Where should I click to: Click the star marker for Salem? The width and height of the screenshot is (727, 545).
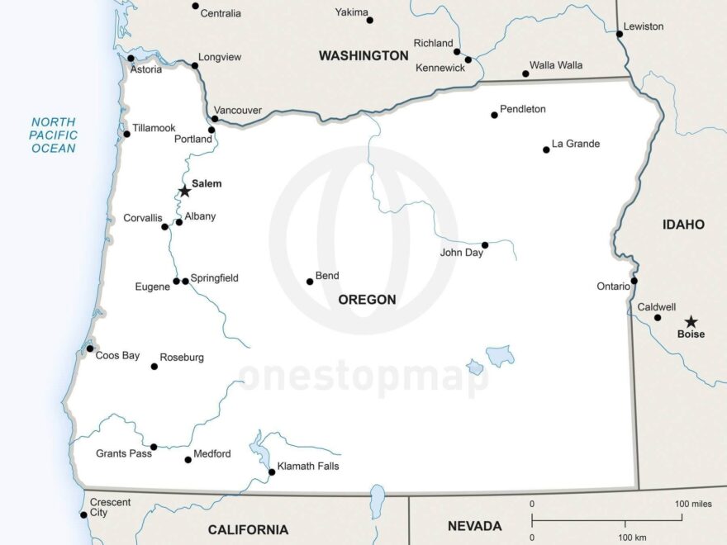point(185,191)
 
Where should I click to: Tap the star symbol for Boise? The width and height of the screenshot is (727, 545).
point(691,322)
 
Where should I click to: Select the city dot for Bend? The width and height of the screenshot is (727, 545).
point(310,282)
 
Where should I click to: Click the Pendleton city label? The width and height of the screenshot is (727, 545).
point(523,109)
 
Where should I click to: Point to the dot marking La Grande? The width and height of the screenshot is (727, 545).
point(546,149)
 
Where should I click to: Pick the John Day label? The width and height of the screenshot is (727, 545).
point(461,253)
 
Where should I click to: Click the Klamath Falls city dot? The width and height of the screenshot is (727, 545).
point(272,472)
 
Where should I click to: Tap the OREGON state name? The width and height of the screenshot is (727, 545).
point(367,300)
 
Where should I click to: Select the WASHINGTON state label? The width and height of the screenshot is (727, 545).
point(363,55)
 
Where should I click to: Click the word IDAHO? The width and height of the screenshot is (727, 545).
point(683,224)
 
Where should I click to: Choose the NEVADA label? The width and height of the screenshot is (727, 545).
point(474,526)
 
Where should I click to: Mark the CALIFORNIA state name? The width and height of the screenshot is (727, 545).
point(248,530)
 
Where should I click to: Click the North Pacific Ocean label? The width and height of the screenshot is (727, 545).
point(54,135)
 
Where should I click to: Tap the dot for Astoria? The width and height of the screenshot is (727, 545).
point(131,58)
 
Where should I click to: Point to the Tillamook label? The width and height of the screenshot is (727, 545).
point(154,128)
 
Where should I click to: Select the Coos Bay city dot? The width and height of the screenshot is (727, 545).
point(90,348)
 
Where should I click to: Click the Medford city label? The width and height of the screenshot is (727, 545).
point(212,454)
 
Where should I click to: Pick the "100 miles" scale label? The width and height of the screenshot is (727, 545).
point(693,504)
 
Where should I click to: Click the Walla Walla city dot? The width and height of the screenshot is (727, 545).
point(525,73)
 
